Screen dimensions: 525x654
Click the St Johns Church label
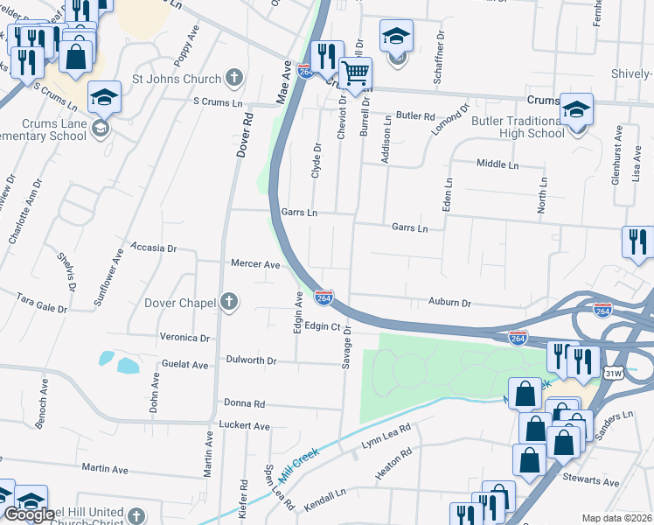[x=177, y=79]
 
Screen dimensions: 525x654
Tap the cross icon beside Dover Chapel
[x=229, y=304]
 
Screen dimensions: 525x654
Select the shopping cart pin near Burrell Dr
[x=355, y=73]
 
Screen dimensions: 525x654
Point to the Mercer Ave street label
[x=254, y=263]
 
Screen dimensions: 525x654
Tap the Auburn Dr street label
[x=450, y=303]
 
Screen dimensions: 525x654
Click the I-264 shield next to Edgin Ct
[x=324, y=299]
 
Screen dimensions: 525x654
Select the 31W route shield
[x=613, y=373]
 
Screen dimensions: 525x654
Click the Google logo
[x=29, y=514]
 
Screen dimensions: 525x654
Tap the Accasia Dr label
[x=153, y=248]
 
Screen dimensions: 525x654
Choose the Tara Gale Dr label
[x=42, y=303]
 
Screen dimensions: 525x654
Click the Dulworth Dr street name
[x=251, y=360]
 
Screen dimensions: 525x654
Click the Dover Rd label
[x=245, y=134]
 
